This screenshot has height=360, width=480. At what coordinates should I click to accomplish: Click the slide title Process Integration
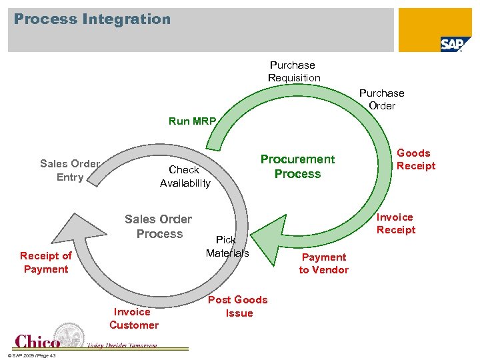92,19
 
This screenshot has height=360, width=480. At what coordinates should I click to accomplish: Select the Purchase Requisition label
293,71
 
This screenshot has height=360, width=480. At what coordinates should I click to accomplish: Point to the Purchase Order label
381,99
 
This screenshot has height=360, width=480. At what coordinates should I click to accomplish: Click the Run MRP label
192,121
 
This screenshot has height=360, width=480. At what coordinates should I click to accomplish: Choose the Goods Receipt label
415,159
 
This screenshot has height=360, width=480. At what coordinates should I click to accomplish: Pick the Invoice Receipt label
395,223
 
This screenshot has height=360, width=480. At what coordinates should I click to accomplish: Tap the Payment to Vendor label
323,263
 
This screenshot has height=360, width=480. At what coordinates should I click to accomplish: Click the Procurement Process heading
297,167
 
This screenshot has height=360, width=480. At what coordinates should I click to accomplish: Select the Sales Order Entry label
70,170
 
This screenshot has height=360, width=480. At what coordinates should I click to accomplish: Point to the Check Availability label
185,177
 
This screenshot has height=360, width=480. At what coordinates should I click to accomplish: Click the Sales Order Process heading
159,227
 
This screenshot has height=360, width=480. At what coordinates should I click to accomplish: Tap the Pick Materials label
227,246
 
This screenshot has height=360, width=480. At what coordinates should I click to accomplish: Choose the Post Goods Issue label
238,307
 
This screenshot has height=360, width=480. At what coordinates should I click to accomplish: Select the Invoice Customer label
134,319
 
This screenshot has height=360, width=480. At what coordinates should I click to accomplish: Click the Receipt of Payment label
45,262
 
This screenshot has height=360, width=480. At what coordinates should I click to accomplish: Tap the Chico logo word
37,341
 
